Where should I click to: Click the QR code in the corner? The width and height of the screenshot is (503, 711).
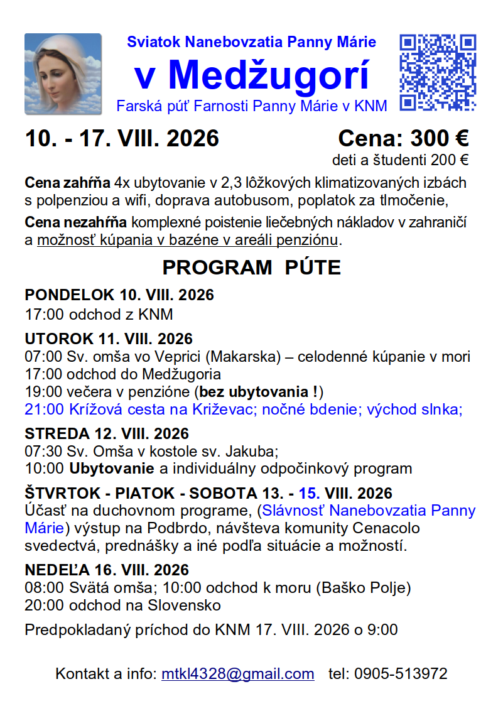(438, 73)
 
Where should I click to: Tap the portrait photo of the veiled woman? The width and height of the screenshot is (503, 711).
(63, 74)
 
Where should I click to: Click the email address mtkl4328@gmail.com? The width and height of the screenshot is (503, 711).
(238, 674)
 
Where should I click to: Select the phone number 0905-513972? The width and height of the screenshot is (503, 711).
(401, 674)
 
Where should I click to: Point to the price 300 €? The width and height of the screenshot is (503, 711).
(440, 138)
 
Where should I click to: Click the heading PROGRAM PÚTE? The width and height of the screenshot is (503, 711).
(251, 268)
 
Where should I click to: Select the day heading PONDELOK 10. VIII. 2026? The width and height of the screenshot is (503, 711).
(119, 295)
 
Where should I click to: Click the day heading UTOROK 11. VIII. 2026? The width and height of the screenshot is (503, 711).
(109, 340)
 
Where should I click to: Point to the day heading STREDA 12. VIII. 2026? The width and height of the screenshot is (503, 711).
(107, 434)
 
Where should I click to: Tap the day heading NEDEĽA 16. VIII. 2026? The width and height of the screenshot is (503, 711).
(107, 570)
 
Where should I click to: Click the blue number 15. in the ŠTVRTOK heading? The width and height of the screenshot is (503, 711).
(310, 493)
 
